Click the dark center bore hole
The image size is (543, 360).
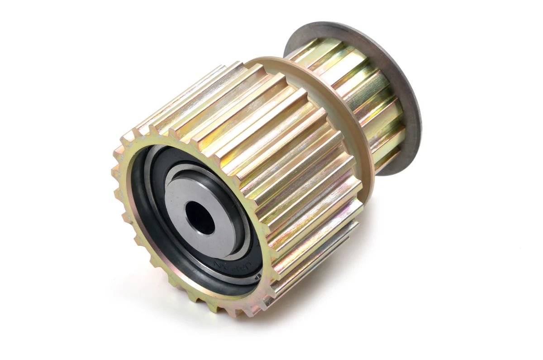click(x=200, y=218)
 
